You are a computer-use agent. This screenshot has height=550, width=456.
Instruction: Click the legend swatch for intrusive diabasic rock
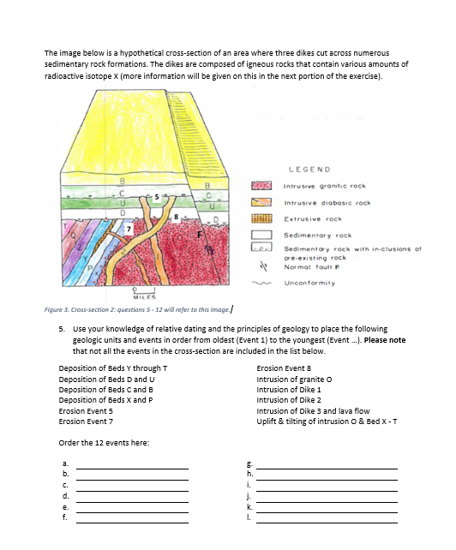[263, 203]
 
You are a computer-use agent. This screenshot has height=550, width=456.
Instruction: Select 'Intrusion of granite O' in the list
[293, 378]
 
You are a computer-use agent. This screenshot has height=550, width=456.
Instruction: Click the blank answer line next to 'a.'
[133, 468]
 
